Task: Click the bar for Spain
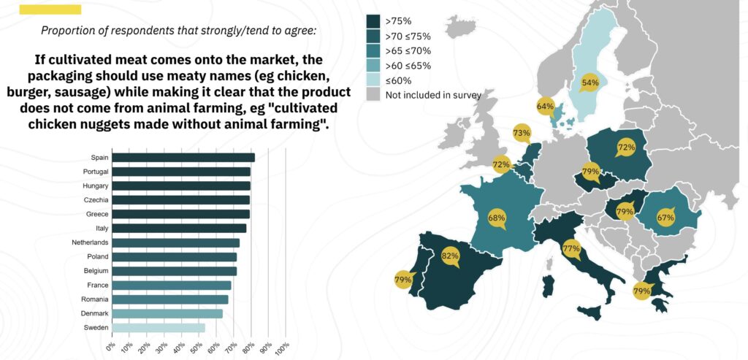pos(183,157)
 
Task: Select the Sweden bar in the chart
pos(159,328)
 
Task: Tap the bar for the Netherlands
pos(176,242)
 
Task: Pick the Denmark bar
pos(167,313)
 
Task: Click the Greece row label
pos(96,214)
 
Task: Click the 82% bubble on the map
pos(450,256)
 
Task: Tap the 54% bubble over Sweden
pos(589,83)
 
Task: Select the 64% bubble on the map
pos(545,107)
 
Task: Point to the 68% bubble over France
pos(497,218)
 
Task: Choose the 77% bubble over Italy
pos(571,249)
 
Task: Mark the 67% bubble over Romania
pos(665,218)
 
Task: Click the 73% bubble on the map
pos(521,134)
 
